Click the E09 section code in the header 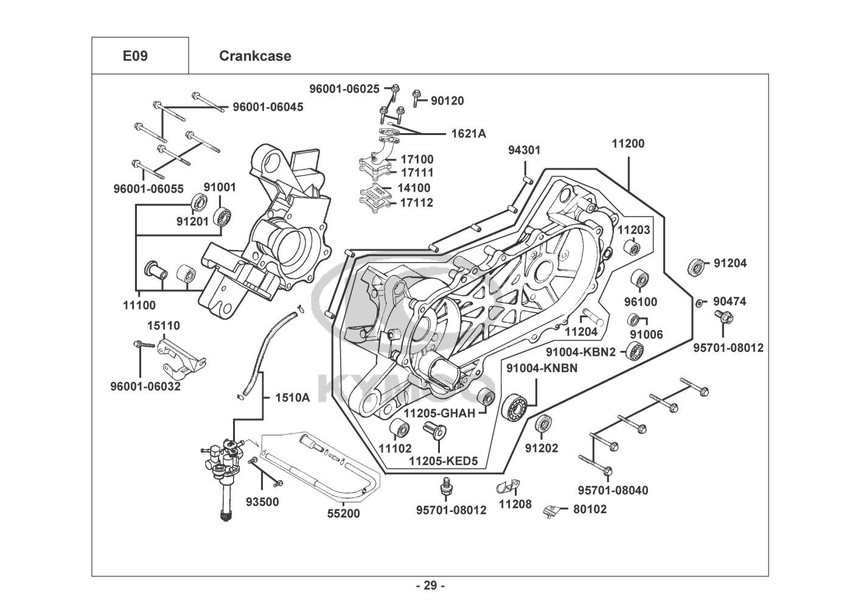[x=135, y=56]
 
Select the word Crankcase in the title [x=255, y=56]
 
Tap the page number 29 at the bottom [x=430, y=586]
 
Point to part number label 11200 [x=628, y=144]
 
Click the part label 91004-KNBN [x=536, y=368]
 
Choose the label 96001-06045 [x=259, y=108]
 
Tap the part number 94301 [x=524, y=150]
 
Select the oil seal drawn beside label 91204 [x=697, y=266]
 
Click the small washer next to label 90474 [x=700, y=302]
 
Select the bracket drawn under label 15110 [x=179, y=357]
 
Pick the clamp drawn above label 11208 [x=508, y=486]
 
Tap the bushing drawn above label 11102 [x=399, y=429]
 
